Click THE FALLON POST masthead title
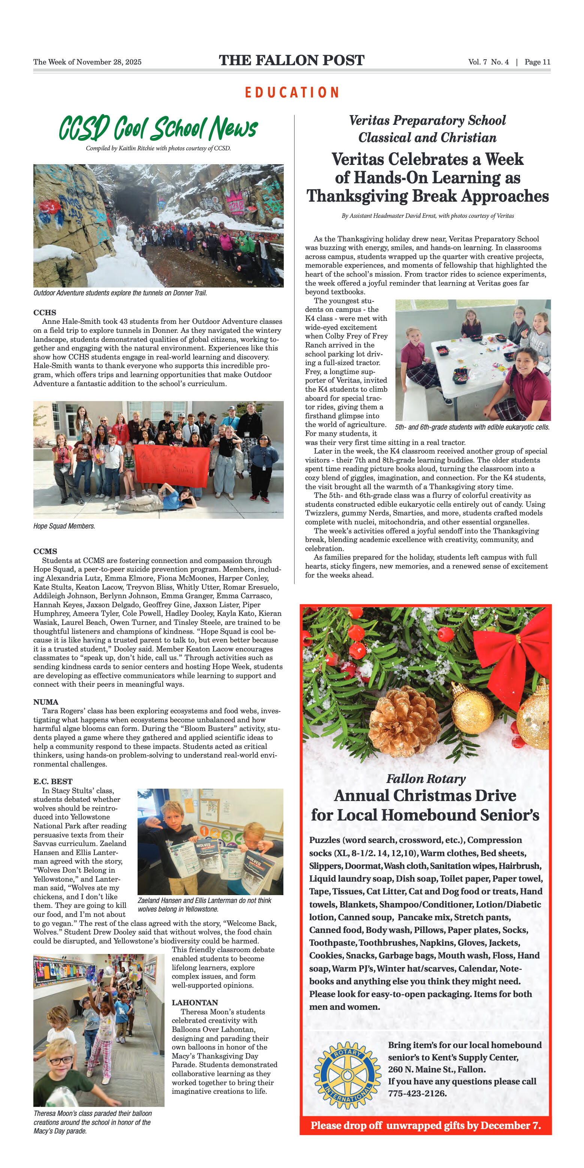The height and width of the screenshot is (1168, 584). click(292, 60)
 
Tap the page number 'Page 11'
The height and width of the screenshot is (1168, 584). click(537, 62)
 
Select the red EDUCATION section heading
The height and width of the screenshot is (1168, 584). click(292, 93)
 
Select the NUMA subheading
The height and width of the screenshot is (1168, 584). click(46, 702)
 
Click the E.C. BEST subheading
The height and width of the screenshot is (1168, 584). click(52, 781)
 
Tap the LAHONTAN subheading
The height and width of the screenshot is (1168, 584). click(195, 1002)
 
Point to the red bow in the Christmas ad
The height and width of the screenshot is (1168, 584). click(522, 644)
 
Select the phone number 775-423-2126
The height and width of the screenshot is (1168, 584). click(417, 1093)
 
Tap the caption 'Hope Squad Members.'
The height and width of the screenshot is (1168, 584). click(64, 526)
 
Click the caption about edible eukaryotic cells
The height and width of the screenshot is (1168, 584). click(472, 427)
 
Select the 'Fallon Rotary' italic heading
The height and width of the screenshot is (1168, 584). click(426, 779)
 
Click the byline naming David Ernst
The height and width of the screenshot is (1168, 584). click(428, 216)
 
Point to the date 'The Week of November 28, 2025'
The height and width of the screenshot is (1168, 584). click(87, 62)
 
